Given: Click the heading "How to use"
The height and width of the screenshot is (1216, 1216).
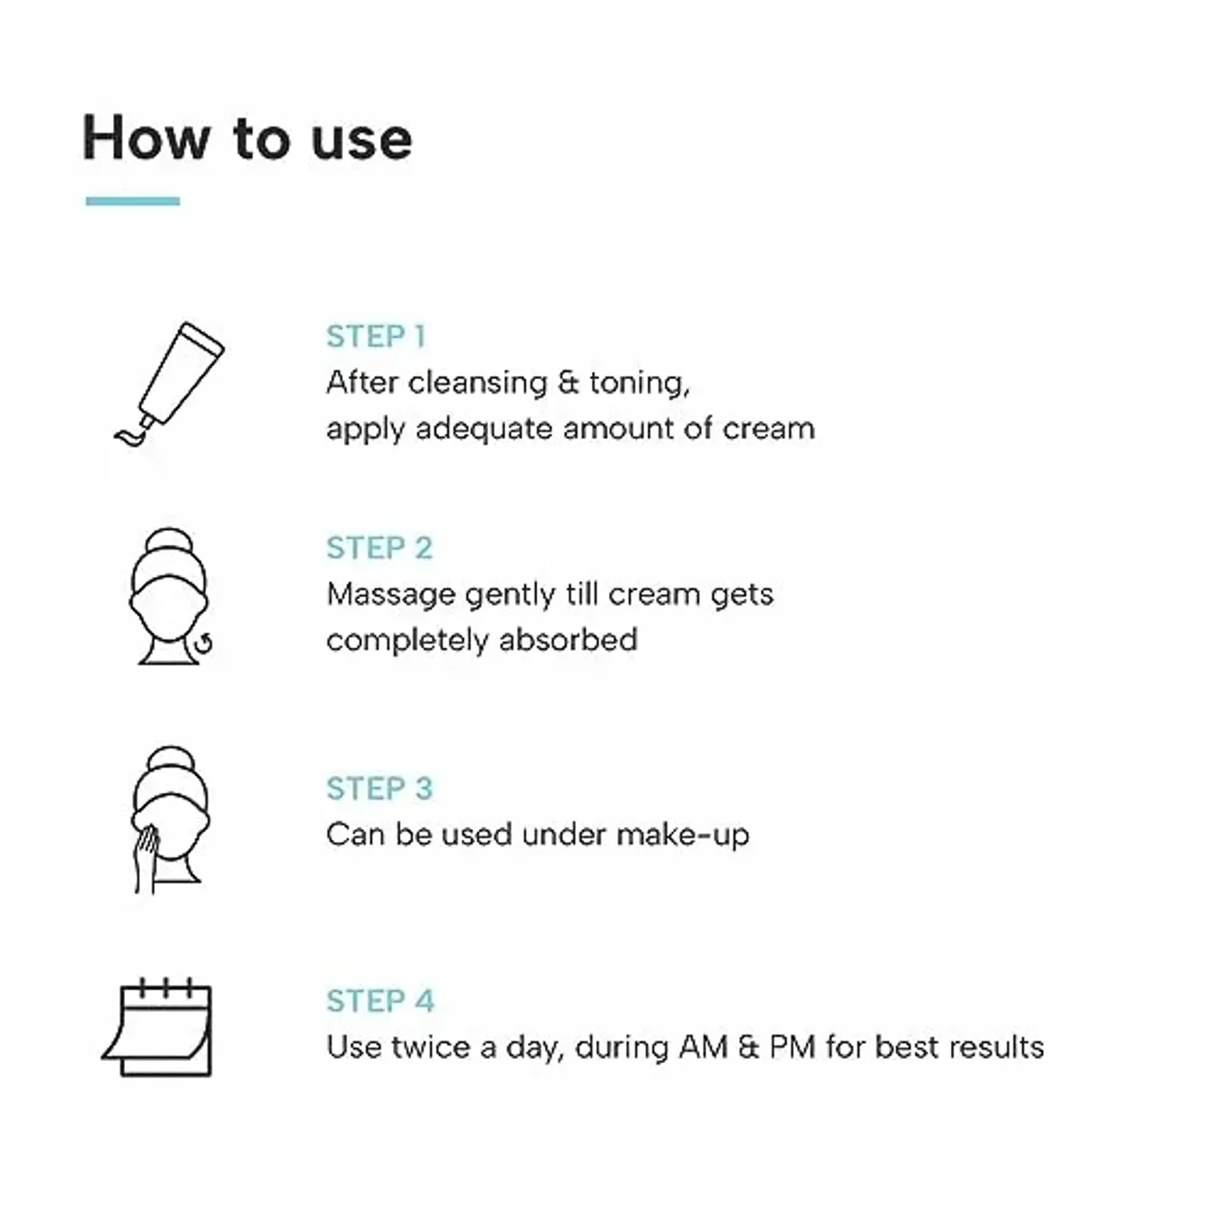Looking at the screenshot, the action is click(x=247, y=138).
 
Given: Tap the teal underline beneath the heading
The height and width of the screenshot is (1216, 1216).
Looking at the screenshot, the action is click(x=133, y=201).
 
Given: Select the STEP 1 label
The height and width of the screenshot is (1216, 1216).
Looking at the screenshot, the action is click(x=376, y=336).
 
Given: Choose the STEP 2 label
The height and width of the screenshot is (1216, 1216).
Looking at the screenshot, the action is click(x=379, y=547).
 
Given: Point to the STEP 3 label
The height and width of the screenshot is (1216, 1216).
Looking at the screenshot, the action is click(x=379, y=788).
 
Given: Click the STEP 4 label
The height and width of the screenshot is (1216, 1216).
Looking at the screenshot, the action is click(x=380, y=1001).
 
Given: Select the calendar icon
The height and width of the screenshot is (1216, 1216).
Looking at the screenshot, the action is click(x=156, y=1027).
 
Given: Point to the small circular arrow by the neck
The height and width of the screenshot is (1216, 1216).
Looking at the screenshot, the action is click(x=204, y=644).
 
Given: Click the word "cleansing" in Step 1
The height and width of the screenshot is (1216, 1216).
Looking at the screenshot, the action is click(x=478, y=383).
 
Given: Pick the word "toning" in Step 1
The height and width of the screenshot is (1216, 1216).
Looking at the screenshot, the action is click(x=639, y=383).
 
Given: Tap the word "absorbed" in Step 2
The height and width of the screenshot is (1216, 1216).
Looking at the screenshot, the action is click(x=568, y=640).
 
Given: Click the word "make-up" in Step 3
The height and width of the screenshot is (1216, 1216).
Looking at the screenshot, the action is click(x=683, y=835).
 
